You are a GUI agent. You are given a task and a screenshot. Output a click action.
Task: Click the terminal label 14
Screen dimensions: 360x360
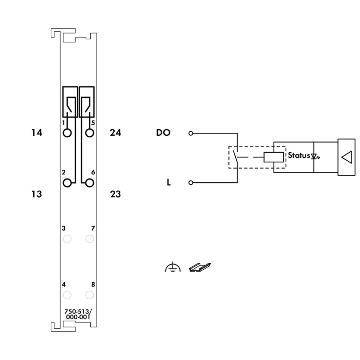tap(37, 132)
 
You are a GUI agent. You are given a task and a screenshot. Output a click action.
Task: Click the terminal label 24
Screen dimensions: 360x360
tap(115, 132)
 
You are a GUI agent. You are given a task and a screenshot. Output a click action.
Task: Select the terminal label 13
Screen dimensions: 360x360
tap(37, 194)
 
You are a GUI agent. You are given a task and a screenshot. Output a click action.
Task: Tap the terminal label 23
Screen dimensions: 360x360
tap(115, 194)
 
